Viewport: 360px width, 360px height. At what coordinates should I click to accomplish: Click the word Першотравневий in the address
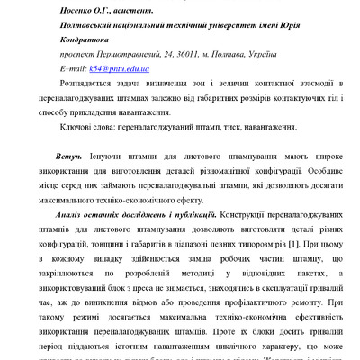pos(121,53)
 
